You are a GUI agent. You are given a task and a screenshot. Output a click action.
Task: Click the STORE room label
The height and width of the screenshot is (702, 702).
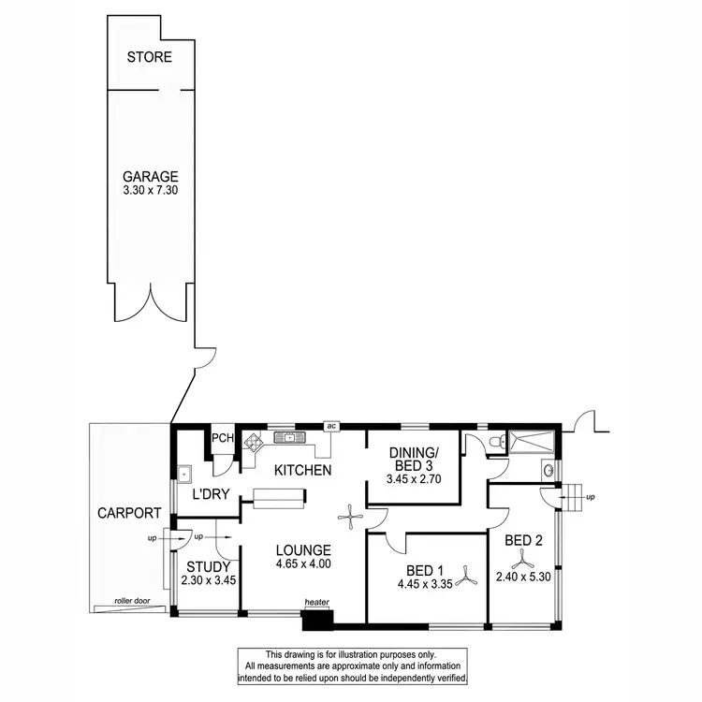(x=150, y=57)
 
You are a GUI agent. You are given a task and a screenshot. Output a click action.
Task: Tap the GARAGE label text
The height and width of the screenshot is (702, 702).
(x=150, y=175)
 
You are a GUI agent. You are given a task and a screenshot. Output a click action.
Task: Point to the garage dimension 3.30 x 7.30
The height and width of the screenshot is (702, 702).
(x=150, y=190)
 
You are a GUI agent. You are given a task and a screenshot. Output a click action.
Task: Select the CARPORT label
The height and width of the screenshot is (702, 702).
(x=129, y=513)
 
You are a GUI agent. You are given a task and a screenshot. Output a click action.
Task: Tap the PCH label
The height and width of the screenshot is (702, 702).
(x=222, y=438)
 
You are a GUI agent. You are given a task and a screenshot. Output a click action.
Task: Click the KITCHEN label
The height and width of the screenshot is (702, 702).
(x=300, y=470)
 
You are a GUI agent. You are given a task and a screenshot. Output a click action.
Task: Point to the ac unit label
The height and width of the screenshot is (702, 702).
(x=330, y=426)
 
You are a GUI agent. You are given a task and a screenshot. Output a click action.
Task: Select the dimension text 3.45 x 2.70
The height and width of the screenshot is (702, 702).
(x=413, y=479)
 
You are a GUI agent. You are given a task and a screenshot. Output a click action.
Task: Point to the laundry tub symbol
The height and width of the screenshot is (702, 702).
(x=185, y=471)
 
